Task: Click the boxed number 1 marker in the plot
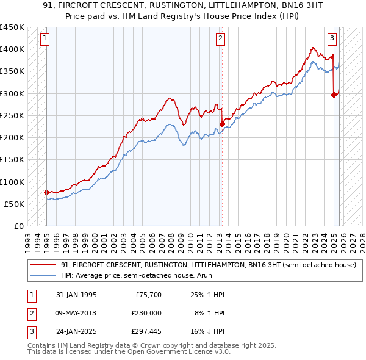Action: pos(46,38)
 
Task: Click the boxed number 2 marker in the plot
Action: pos(220,38)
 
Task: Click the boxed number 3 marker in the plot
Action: pos(332,38)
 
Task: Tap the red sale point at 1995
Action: pos(47,192)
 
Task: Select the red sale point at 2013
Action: pos(222,124)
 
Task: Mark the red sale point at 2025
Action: pos(334,94)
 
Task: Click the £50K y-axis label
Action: pos(14,204)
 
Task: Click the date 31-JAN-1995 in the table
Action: pos(74,295)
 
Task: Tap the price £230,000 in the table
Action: pos(147,312)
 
